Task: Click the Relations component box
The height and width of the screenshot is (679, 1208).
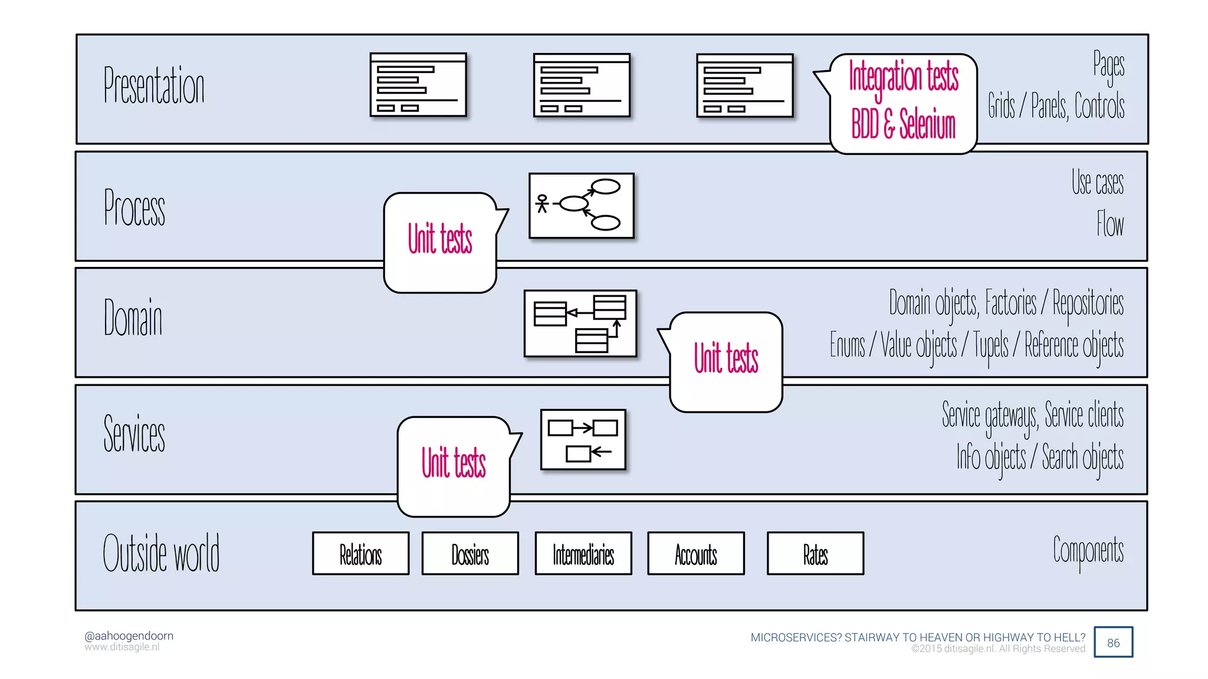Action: pyautogui.click(x=360, y=553)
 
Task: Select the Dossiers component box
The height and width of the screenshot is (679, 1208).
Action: pyautogui.click(x=470, y=553)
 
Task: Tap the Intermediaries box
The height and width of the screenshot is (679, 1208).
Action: pyautogui.click(x=583, y=553)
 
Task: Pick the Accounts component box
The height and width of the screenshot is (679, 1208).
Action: pyautogui.click(x=696, y=553)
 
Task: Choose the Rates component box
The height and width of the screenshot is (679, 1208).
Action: pyautogui.click(x=815, y=553)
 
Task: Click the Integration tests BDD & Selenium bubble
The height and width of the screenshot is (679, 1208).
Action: pyautogui.click(x=903, y=103)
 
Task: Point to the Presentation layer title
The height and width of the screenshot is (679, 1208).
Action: pyautogui.click(x=154, y=85)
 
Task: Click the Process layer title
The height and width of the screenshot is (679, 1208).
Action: pyautogui.click(x=134, y=207)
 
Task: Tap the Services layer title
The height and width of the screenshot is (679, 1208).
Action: pyautogui.click(x=134, y=433)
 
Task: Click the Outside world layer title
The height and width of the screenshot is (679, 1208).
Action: pyautogui.click(x=161, y=552)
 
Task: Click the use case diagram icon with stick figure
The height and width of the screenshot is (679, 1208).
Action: pyautogui.click(x=582, y=206)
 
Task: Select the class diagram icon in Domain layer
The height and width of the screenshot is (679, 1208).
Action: pyautogui.click(x=580, y=324)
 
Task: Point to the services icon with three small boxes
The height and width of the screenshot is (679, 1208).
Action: pyautogui.click(x=583, y=440)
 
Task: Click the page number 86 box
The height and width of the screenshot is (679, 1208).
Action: pyautogui.click(x=1113, y=642)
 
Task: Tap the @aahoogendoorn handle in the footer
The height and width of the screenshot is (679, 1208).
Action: pyautogui.click(x=129, y=635)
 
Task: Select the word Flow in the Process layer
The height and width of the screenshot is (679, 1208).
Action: pyautogui.click(x=1110, y=223)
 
